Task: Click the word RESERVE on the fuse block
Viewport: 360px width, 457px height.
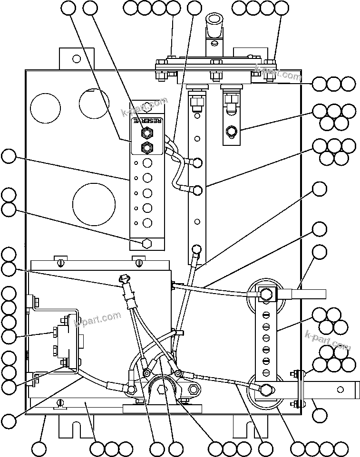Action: [147, 121]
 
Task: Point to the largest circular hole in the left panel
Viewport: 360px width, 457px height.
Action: [94, 204]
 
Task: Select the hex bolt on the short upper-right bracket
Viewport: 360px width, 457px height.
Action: [232, 131]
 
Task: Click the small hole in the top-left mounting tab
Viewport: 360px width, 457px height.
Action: [76, 59]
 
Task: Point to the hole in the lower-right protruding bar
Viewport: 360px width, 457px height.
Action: [340, 390]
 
